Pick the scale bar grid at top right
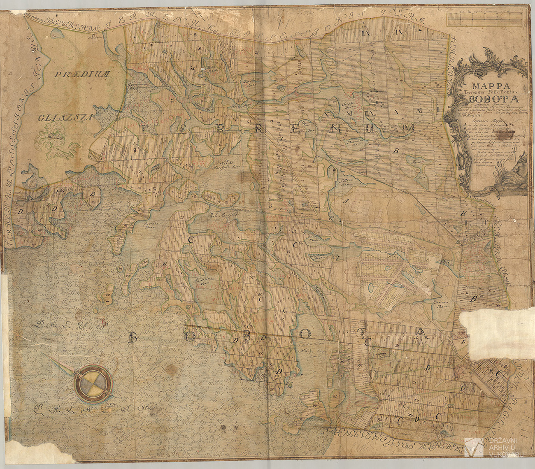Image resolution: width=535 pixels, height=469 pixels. pos(484,19)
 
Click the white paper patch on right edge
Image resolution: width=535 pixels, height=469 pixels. pos(496,325)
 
